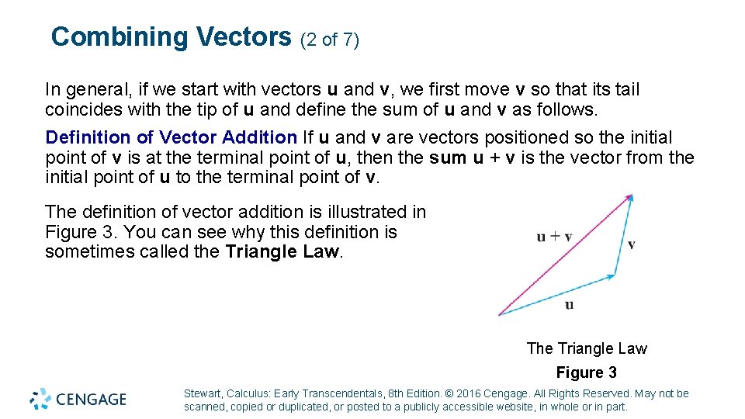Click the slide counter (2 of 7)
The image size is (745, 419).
tap(329, 40)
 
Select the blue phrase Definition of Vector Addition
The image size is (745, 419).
tap(172, 137)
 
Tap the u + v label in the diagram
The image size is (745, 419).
tap(554, 237)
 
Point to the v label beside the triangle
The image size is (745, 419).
tap(632, 244)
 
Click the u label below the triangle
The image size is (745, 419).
tap(570, 304)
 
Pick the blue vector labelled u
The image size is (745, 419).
tap(556, 295)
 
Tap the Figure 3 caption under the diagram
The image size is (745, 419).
tap(587, 372)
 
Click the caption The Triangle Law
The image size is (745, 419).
tap(587, 348)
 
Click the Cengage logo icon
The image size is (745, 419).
tap(40, 399)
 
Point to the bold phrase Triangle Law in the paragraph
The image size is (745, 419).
tap(282, 251)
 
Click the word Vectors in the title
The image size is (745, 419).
tap(244, 36)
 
